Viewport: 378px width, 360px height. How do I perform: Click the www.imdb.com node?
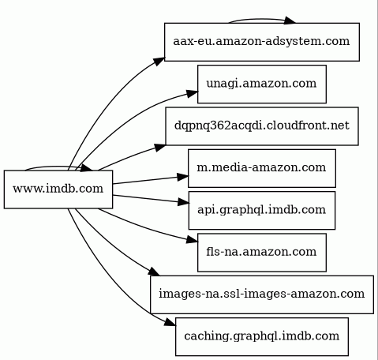tap(58, 189)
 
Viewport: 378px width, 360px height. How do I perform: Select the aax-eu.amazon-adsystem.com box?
tap(262, 42)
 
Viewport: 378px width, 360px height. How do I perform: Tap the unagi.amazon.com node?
tap(262, 84)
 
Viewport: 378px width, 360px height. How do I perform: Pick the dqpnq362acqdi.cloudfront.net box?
tap(262, 126)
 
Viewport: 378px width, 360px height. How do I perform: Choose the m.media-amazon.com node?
tap(262, 168)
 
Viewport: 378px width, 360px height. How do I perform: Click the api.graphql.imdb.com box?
tap(262, 210)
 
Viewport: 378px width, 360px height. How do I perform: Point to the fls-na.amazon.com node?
tap(262, 253)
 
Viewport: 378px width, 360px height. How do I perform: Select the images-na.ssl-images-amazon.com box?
tap(262, 294)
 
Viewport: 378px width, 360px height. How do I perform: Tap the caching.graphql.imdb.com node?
tap(262, 336)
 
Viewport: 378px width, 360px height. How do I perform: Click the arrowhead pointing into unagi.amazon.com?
tap(193, 93)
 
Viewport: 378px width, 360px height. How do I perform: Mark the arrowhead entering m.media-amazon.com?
tap(183, 177)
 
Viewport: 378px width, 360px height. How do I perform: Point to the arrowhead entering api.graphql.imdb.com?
tap(184, 202)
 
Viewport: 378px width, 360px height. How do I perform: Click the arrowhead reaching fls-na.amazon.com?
tap(193, 239)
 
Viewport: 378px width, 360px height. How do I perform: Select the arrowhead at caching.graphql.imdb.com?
tap(170, 322)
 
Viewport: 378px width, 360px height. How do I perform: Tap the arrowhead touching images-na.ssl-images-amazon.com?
tap(154, 272)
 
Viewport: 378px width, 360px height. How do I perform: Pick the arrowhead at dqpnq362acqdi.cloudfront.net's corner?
tap(160, 147)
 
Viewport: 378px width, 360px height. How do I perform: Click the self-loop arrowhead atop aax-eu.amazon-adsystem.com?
tap(290, 21)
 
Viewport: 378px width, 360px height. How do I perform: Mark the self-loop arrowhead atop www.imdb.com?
tap(87, 168)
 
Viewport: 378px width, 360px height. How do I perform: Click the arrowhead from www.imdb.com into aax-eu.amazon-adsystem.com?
tap(159, 62)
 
